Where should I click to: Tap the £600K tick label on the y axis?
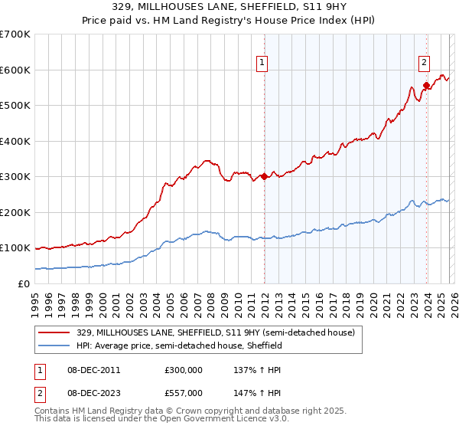click(x=15, y=70)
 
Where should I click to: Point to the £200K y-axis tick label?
click(x=15, y=212)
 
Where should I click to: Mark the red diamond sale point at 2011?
click(x=264, y=176)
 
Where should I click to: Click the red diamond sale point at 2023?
click(x=426, y=85)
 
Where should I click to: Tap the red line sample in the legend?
click(x=55, y=333)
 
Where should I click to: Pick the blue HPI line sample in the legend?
click(x=55, y=346)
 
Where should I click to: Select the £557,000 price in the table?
click(x=183, y=392)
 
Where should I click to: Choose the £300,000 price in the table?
click(x=183, y=370)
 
